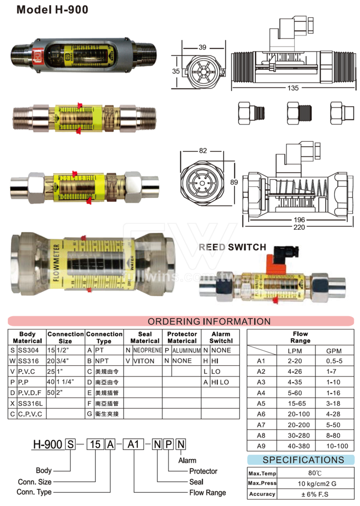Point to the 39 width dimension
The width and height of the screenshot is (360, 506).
[x=203, y=47]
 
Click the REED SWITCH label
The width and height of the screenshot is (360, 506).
[x=232, y=247]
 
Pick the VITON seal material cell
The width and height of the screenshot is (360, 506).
[x=144, y=361]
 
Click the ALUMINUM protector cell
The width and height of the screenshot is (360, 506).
[x=186, y=350]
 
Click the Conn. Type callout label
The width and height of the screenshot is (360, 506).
[x=34, y=492]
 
